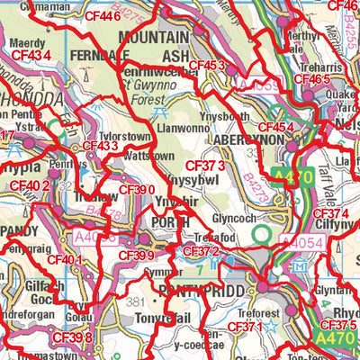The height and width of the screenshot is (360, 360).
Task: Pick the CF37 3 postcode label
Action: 204,166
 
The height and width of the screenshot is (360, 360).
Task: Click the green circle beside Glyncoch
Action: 263,235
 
